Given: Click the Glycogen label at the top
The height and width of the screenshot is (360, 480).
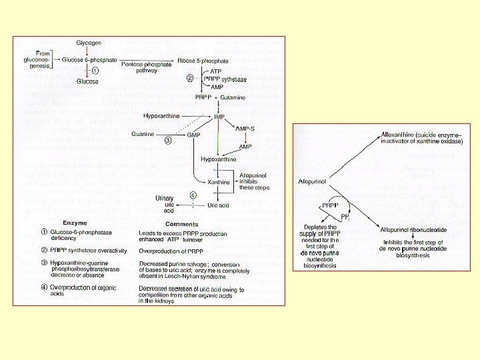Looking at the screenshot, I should tap(89, 43).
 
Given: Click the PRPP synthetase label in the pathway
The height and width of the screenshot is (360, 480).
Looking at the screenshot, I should tap(225, 79).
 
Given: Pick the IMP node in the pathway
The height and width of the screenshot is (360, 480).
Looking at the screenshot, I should tap(219, 116).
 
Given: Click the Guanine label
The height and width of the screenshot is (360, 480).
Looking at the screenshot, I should tap(143, 134).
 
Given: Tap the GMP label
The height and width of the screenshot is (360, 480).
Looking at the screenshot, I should tap(193, 135).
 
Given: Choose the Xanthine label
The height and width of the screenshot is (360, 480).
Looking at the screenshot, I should tap(219, 182).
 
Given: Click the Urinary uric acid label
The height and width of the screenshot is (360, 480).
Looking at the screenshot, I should tap(165, 204).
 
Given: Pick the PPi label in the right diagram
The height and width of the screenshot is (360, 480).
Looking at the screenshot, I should tap(346, 217).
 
